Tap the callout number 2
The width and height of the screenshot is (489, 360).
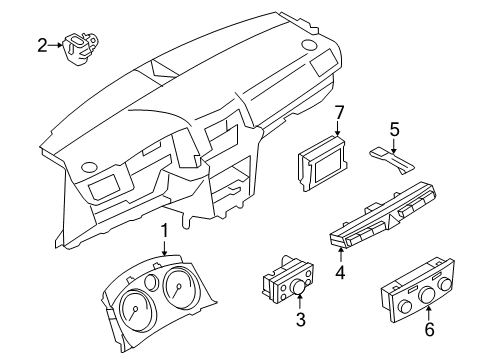point(42,44)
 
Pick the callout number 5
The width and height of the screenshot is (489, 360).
point(394,129)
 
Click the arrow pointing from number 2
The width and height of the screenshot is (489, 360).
point(56,44)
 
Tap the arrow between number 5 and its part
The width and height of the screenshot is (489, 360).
point(394,143)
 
